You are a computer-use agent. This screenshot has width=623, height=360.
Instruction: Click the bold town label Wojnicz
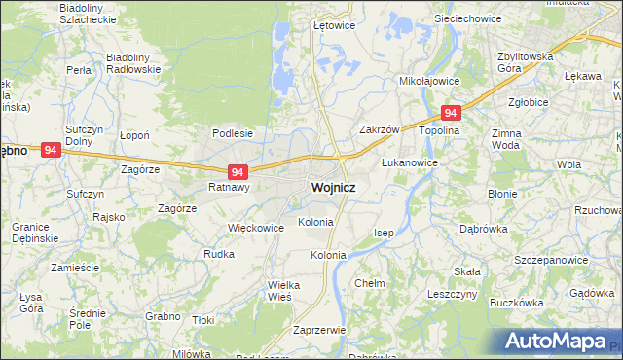333,187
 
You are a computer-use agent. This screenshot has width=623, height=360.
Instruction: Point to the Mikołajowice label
429,83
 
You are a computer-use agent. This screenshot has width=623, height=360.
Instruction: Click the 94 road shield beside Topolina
450,113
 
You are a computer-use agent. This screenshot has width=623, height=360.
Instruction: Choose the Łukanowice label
409,162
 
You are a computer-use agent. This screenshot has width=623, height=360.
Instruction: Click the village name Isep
385,234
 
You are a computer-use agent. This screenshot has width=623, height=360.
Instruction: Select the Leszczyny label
451,293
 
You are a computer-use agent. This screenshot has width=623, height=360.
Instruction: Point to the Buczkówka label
516,303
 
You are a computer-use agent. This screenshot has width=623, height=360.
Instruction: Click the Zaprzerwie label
319,330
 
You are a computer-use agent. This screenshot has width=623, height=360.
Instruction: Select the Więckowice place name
255,228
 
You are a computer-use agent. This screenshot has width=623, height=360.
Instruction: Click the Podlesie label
233,133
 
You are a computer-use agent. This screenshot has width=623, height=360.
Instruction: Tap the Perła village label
79,70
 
